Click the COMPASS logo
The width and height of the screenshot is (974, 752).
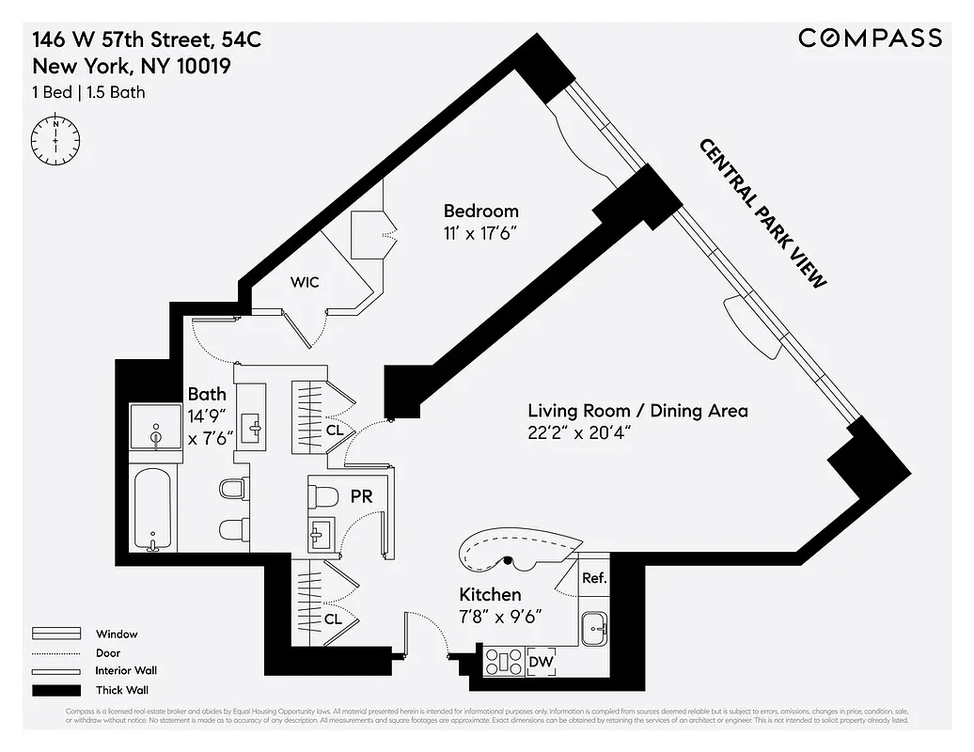(x=870, y=38)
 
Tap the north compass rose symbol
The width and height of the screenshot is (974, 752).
(x=56, y=138)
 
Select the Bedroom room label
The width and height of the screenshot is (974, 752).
(x=480, y=211)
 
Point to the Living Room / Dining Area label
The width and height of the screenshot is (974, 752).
(x=637, y=411)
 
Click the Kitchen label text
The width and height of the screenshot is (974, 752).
(x=489, y=595)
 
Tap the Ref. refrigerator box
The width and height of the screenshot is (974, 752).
(x=594, y=579)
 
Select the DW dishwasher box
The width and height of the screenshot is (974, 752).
(x=542, y=662)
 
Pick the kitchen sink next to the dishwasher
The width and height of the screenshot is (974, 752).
(x=594, y=628)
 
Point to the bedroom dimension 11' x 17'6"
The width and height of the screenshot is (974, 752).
(x=480, y=233)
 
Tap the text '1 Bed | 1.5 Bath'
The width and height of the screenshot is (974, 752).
(x=88, y=92)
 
